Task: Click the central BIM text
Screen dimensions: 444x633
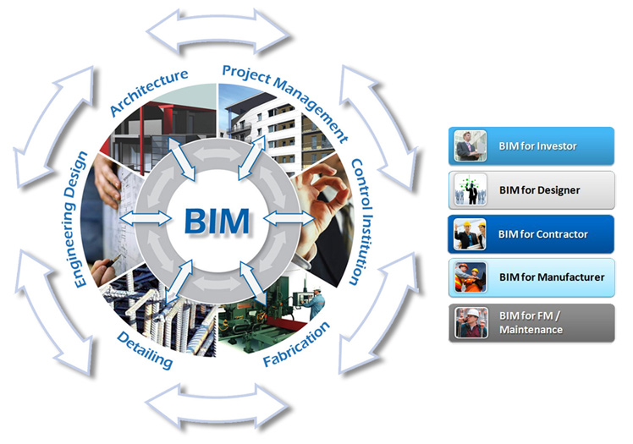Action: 217,222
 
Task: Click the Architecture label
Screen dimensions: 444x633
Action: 149,92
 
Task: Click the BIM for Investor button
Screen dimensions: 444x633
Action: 531,145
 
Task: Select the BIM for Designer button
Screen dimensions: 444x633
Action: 531,189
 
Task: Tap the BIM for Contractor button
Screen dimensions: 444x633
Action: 531,233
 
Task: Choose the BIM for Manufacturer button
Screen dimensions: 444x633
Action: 531,277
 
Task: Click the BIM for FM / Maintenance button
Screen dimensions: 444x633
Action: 531,322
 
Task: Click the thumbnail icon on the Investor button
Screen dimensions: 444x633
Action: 470,145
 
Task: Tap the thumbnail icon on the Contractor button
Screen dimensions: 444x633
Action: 470,233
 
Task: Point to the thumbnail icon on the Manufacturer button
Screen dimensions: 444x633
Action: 470,277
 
